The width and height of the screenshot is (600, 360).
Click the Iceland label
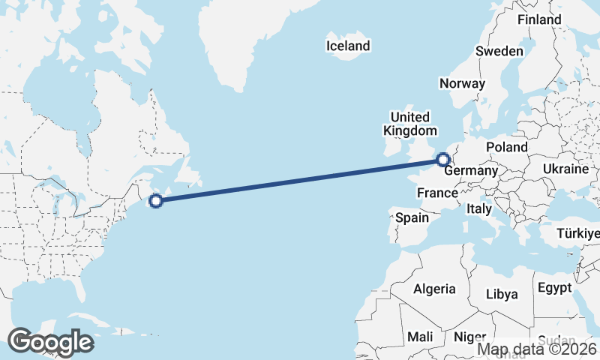[x=348, y=46]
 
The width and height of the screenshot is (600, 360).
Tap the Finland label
[x=538, y=19]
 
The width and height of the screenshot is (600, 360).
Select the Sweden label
[x=499, y=51]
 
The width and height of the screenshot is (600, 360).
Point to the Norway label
[x=462, y=83]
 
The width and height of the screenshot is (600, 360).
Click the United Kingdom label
[x=409, y=124]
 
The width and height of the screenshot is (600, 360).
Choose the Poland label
[x=506, y=147]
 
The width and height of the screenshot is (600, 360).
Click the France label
[x=437, y=193]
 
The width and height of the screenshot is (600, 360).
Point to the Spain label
[x=411, y=218]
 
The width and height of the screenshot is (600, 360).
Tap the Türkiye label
[x=577, y=235]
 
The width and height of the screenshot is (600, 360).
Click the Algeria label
[x=434, y=289]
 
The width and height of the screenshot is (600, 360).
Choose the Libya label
[x=502, y=294]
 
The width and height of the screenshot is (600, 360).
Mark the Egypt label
[x=554, y=288]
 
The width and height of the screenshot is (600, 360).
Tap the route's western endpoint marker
[x=156, y=200]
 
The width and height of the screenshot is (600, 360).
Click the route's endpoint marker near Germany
[x=442, y=159]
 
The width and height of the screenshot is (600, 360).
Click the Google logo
[x=50, y=342]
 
